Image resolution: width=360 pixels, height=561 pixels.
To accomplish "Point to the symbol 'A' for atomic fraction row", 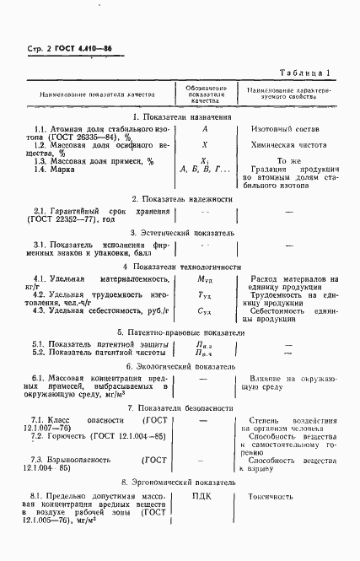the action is [x=205, y=129].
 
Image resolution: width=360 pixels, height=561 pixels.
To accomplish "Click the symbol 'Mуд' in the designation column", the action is [x=205, y=279].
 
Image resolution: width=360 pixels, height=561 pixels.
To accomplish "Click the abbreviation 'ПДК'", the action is [x=205, y=497].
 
